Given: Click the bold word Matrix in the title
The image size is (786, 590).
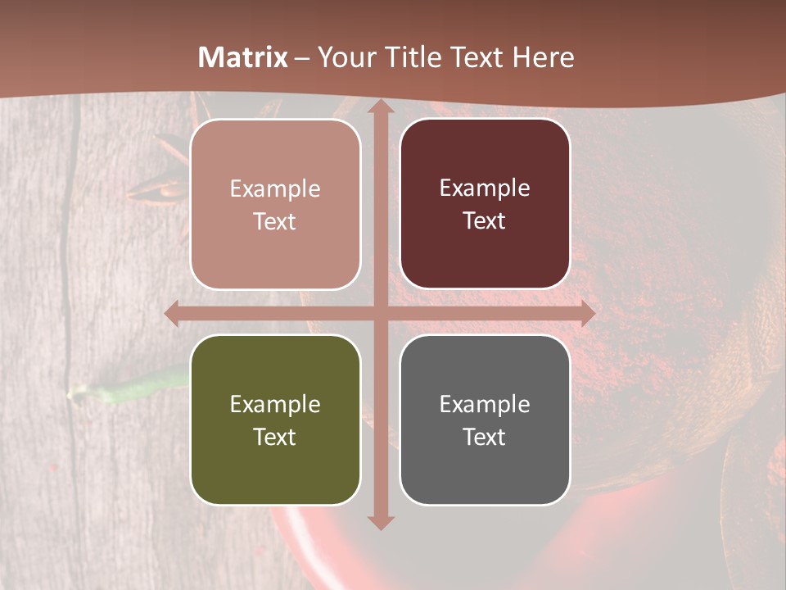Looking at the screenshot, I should click(243, 57).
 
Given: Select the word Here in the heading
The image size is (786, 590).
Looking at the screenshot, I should click(544, 57).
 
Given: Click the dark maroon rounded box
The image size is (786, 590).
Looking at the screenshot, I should click(485, 204).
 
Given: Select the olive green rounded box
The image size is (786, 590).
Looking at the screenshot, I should click(275, 420).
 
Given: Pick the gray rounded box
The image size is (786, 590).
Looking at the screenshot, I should click(485, 420).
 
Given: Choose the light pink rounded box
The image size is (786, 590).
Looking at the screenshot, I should click(275, 204).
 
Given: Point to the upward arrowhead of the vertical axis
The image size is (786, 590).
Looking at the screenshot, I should click(380, 107).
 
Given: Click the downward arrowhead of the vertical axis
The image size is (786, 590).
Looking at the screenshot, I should click(380, 522).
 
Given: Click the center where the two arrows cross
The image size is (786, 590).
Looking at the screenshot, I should click(380, 314).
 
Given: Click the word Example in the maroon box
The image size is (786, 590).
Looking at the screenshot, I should click(485, 188).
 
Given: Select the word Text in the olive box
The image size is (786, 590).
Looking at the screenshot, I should click(275, 437).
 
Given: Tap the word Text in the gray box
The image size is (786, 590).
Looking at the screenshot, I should click(485, 437).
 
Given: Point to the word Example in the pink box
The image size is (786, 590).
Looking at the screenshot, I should click(275, 188).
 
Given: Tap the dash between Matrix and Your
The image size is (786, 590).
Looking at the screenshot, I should click(301, 58).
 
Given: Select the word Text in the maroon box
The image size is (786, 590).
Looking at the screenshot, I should click(485, 221).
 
